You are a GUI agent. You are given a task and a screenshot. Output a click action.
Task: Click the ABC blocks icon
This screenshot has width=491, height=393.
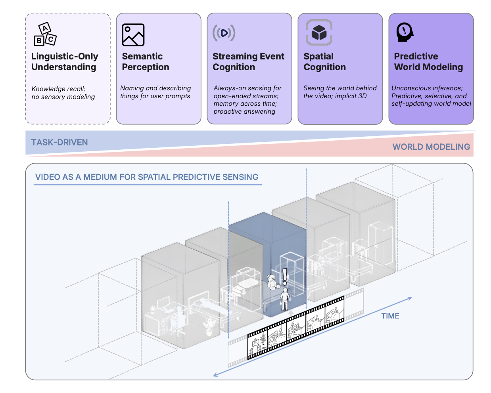(45, 34)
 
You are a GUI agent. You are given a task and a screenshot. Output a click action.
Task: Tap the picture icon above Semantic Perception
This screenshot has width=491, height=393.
(133, 35)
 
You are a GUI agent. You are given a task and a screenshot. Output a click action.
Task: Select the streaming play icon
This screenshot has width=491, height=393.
(224, 33)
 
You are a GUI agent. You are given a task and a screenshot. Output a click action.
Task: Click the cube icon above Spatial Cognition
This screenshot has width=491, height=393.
(319, 32)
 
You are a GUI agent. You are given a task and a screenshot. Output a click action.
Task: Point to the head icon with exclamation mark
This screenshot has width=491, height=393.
(405, 32)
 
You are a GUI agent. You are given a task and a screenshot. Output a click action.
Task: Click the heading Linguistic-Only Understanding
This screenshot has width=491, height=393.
(65, 62)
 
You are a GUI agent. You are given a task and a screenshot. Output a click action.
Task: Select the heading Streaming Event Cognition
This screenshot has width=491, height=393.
(248, 62)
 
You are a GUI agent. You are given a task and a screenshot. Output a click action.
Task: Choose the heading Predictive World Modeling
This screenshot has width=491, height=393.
(428, 62)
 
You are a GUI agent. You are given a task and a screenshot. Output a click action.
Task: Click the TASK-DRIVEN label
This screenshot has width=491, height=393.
(59, 143)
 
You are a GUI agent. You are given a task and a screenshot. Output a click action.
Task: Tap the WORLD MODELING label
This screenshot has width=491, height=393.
(431, 147)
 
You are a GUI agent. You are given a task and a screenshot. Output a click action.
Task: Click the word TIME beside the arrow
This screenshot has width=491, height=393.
(390, 316)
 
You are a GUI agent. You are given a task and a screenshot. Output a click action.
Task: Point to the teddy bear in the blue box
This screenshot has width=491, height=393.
(272, 282)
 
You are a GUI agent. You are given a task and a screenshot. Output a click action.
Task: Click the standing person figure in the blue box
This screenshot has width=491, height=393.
(284, 300)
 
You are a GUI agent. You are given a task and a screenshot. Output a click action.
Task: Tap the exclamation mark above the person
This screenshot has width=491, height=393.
(284, 277)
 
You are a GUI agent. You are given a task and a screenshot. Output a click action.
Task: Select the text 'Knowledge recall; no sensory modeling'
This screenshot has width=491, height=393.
(63, 93)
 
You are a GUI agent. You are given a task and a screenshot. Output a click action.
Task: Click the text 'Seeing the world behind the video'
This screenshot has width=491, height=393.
(340, 92)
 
